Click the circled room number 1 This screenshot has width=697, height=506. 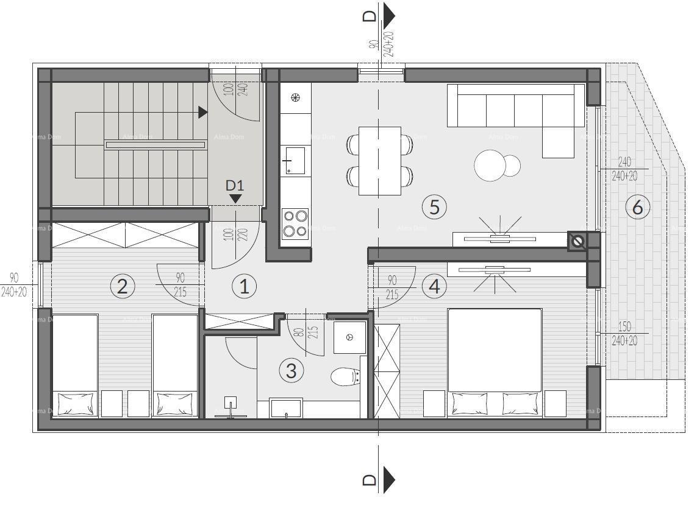(245, 286)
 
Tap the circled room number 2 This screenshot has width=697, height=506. (122, 286)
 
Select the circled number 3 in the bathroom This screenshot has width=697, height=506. (291, 370)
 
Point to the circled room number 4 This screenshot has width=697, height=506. (434, 286)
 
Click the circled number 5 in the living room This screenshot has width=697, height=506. (434, 207)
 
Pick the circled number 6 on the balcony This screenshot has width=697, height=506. (637, 208)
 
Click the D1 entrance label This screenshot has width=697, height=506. (235, 185)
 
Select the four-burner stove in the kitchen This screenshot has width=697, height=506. (295, 223)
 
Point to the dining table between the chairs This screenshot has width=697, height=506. (379, 161)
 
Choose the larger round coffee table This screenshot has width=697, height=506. (491, 165)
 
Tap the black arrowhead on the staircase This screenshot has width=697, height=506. (202, 112)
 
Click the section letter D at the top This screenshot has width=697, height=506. (370, 16)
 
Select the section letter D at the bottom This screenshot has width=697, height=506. (370, 480)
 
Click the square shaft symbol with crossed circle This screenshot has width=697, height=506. (577, 242)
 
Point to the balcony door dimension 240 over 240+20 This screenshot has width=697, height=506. (624, 169)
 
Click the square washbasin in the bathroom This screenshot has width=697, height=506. (349, 337)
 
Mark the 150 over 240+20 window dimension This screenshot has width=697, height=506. (624, 334)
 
